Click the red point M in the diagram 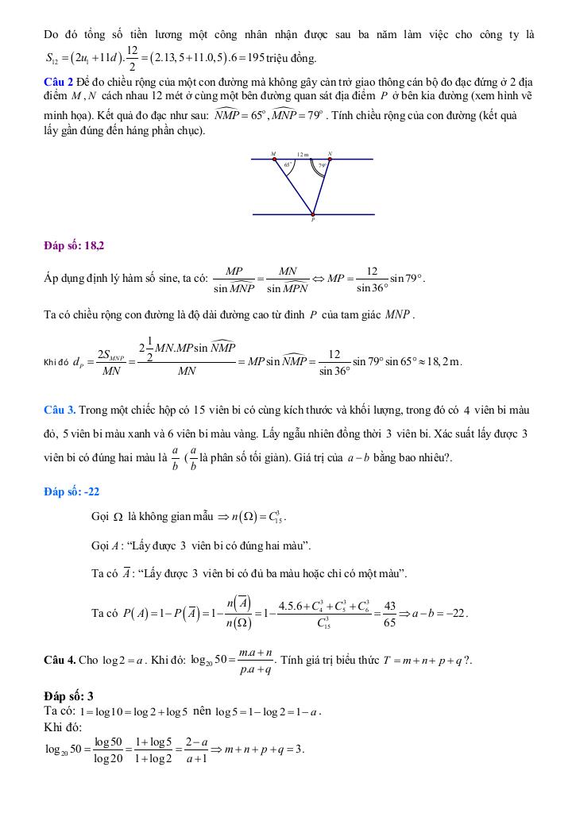(x=275, y=159)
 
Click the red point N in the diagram (x=330, y=159)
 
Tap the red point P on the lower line (x=313, y=214)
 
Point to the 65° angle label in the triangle (x=288, y=165)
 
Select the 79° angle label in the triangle (x=322, y=166)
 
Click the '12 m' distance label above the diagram (x=303, y=154)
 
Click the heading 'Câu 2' (x=59, y=82)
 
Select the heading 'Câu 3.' (x=60, y=410)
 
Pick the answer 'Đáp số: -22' (x=72, y=491)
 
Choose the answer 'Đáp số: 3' (x=69, y=695)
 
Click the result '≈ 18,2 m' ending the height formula (x=443, y=361)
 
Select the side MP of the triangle (x=294, y=187)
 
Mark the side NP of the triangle (x=322, y=187)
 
